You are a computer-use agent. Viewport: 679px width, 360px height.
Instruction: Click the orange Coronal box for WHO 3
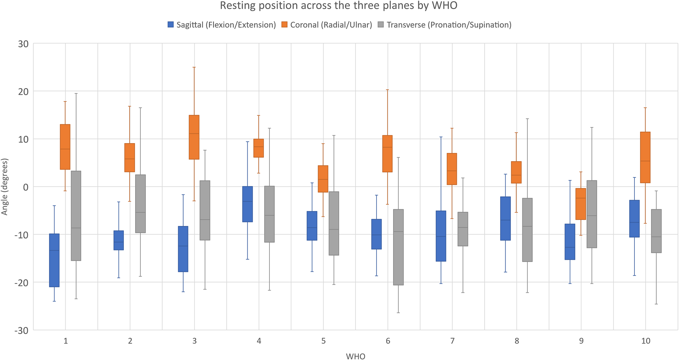click(x=194, y=137)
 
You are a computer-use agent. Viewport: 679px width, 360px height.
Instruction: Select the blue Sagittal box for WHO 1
click(x=54, y=260)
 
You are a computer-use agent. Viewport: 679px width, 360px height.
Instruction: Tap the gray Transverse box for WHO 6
click(x=398, y=247)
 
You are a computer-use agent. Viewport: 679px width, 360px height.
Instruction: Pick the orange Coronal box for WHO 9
click(x=581, y=204)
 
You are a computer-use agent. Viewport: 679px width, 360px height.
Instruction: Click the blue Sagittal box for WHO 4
click(x=248, y=204)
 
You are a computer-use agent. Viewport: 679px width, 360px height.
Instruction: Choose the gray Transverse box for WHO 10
click(x=656, y=231)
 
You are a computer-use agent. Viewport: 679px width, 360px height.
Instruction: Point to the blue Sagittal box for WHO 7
click(x=441, y=236)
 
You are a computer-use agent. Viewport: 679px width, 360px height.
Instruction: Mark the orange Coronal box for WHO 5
click(x=323, y=179)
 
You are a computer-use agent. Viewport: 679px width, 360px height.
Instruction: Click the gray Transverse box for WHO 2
click(x=140, y=204)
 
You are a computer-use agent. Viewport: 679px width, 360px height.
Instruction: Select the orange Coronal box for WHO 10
click(x=645, y=157)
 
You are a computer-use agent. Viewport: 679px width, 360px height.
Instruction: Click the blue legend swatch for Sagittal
click(x=171, y=25)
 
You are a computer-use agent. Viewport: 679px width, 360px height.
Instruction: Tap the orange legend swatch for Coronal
click(x=284, y=25)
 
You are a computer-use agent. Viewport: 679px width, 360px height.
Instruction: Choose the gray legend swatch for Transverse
click(x=381, y=25)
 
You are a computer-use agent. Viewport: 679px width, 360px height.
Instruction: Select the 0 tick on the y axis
click(x=25, y=187)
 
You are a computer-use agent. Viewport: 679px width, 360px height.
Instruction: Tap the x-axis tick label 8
click(x=516, y=341)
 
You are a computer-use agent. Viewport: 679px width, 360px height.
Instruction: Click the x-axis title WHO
click(x=356, y=356)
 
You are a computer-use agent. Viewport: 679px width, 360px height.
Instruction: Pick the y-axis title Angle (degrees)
click(x=5, y=187)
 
